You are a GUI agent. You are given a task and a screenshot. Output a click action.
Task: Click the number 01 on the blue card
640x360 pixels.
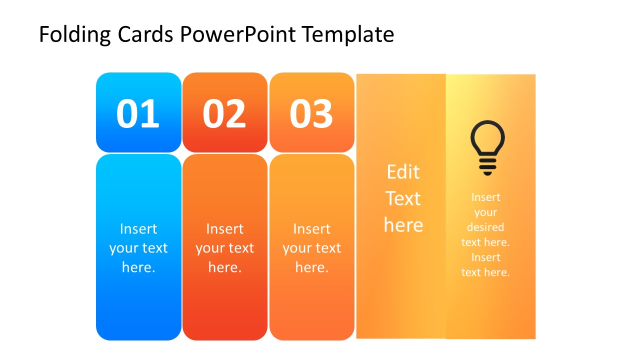point(138,113)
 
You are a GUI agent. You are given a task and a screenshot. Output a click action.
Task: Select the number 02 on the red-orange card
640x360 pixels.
point(224,113)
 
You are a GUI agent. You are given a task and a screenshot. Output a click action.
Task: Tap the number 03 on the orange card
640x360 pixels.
point(311,113)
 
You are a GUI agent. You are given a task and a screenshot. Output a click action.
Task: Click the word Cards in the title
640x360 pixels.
point(146,35)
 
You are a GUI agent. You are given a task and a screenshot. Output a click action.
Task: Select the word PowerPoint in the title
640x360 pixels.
point(238,35)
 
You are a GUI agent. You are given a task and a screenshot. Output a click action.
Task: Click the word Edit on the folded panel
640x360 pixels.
point(403,172)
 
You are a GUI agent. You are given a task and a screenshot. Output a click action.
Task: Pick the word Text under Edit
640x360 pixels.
point(403,198)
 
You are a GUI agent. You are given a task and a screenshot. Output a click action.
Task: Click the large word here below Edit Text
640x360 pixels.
point(403,225)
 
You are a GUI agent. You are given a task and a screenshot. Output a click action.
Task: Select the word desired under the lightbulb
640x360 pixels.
point(485,227)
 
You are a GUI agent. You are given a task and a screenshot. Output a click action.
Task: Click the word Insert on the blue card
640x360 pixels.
point(138,229)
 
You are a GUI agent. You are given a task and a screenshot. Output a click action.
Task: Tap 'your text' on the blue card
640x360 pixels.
point(138,248)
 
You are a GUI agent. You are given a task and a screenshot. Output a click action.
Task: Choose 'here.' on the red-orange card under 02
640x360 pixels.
point(225,267)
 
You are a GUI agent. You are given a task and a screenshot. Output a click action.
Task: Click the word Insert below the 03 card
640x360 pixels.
point(311,229)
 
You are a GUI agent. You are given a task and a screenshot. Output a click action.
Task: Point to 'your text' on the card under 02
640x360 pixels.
point(225,248)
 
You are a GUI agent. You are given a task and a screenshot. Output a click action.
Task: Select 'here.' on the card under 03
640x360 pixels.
point(311,267)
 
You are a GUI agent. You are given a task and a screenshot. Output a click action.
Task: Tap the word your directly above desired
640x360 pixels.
point(485,212)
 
